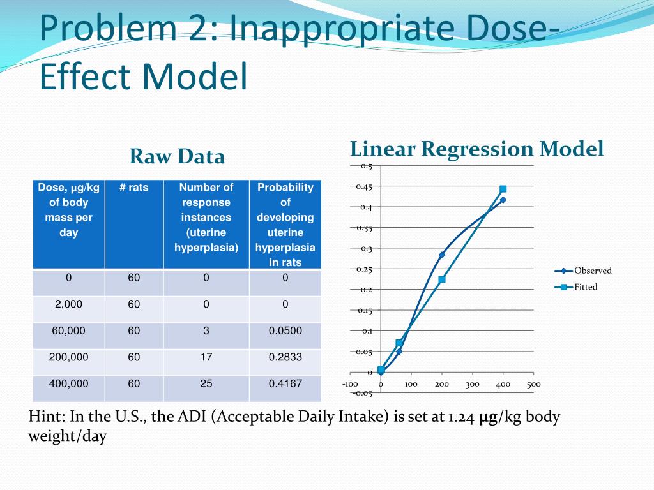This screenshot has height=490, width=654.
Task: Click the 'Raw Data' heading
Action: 177,156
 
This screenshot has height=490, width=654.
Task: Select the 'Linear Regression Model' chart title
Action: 476,149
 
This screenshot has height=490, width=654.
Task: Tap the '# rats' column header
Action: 133,188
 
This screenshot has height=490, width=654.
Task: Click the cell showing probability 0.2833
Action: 285,357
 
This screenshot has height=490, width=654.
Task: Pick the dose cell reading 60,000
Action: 68,330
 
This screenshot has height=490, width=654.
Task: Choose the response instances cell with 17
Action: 206,357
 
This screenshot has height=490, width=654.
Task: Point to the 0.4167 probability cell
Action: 285,384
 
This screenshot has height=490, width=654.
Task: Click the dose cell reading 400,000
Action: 68,384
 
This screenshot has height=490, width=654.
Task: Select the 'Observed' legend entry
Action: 592,271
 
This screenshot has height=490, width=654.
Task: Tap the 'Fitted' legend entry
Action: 585,287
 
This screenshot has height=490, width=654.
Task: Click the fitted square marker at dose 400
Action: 503,189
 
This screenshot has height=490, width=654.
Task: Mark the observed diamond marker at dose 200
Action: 442,255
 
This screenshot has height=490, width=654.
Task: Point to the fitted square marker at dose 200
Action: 442,279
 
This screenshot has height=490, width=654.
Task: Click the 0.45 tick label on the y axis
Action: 364,187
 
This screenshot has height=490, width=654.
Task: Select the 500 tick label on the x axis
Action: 533,384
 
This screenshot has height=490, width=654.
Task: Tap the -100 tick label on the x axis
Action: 350,384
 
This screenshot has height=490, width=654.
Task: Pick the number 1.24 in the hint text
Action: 461,417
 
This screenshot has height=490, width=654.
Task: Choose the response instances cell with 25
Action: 206,384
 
